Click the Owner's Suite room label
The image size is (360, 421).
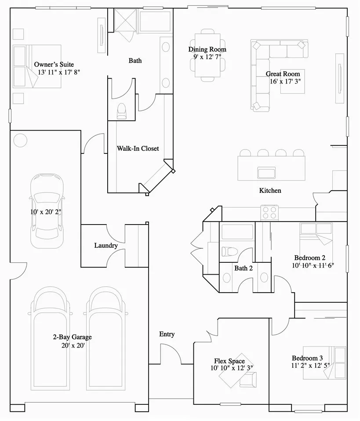(54, 65)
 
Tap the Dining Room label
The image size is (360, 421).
(207, 49)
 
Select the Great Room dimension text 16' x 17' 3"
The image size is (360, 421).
(285, 81)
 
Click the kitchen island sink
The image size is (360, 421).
(266, 173)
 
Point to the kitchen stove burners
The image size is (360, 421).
(269, 212)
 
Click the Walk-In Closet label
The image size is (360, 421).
(138, 149)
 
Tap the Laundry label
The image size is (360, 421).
(106, 245)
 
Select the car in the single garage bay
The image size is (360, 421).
(47, 211)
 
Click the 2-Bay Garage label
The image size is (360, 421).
(72, 337)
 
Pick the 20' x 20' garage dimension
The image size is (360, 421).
(73, 345)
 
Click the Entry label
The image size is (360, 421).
(167, 334)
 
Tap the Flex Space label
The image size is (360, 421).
(229, 361)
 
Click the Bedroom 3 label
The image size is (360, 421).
(307, 358)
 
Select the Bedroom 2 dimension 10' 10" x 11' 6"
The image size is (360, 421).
(313, 265)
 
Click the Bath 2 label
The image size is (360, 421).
(244, 268)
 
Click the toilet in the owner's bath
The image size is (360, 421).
(122, 111)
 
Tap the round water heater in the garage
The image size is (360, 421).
(20, 140)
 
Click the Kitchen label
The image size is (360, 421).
(270, 191)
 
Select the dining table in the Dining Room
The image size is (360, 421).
(207, 55)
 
